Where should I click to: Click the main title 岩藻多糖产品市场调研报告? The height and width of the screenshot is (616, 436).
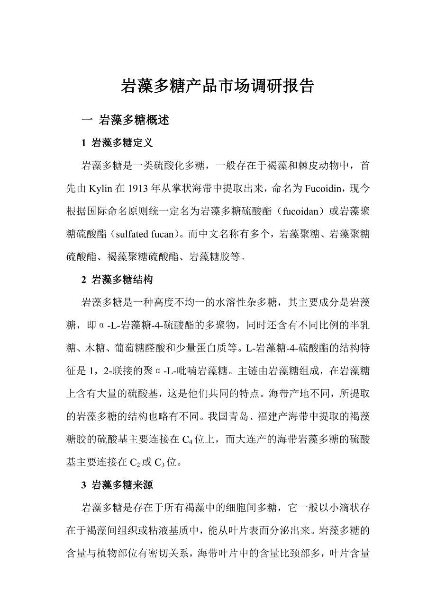(x=218, y=86)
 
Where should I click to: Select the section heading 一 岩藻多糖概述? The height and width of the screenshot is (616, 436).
(x=126, y=120)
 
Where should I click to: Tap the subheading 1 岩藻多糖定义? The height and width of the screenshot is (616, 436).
(x=117, y=142)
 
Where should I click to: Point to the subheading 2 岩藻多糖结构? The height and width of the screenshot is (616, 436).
(x=117, y=280)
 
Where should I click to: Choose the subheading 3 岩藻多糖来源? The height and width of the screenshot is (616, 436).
(x=117, y=485)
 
